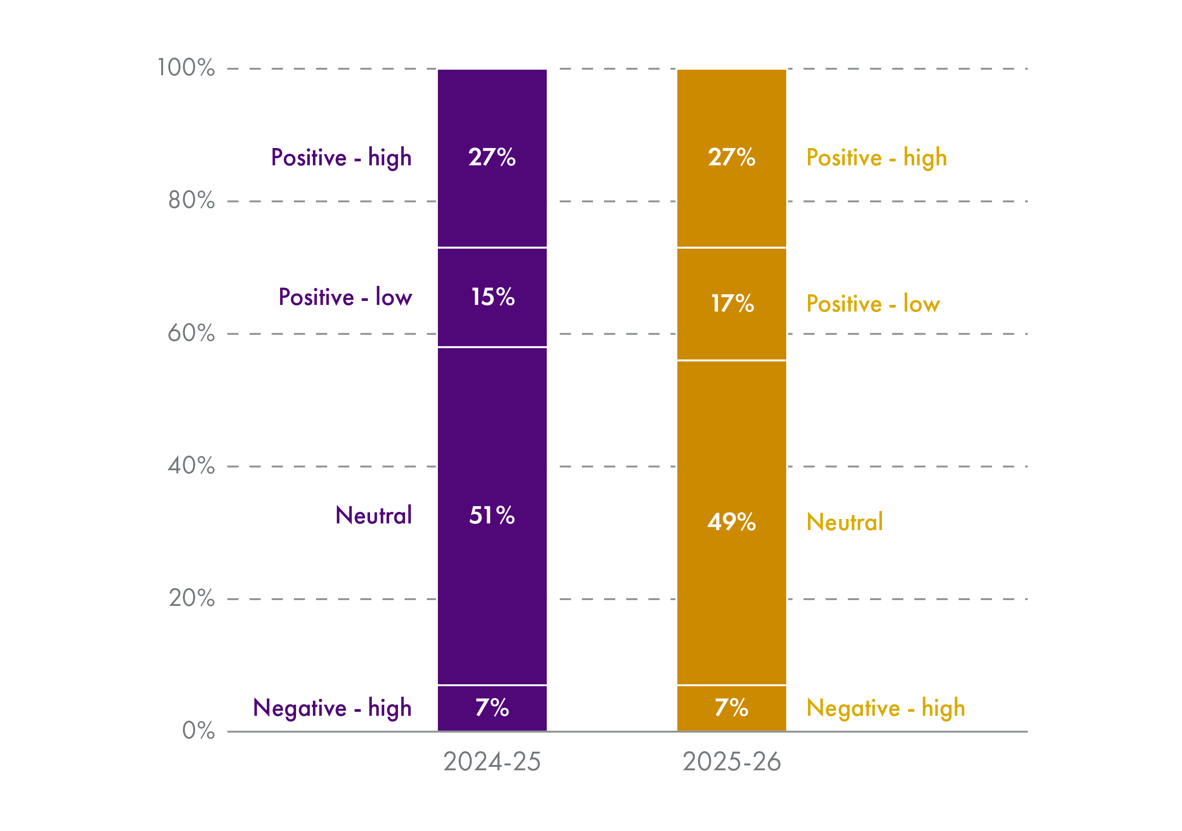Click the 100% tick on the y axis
[186, 67]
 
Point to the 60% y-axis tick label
[191, 333]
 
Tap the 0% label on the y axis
[198, 730]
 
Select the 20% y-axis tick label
[191, 598]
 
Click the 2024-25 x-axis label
[492, 761]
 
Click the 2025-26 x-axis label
[732, 761]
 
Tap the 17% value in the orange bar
[732, 303]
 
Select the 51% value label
[492, 515]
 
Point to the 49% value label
[732, 522]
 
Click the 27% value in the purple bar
[492, 157]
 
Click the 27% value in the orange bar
[732, 157]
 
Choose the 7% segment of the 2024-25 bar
[492, 707]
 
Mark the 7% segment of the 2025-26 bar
[732, 707]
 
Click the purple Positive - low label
[345, 297]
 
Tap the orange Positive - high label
[876, 157]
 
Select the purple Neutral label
[373, 515]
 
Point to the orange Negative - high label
[886, 708]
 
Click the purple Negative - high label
[332, 708]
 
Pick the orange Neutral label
[844, 522]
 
